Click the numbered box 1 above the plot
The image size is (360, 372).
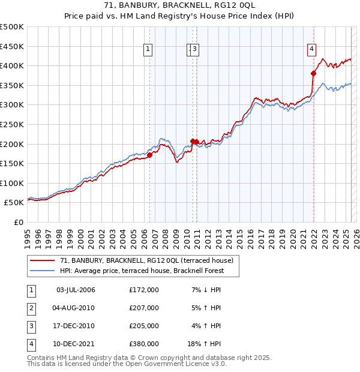(148, 50)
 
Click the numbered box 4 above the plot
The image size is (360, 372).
(312, 50)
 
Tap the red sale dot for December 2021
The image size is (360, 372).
(313, 73)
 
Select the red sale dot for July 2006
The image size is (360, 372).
(149, 155)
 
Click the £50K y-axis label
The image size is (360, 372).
(14, 203)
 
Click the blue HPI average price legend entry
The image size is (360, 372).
(142, 271)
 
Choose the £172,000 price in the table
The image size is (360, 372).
(144, 290)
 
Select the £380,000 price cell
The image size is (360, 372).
(144, 344)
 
